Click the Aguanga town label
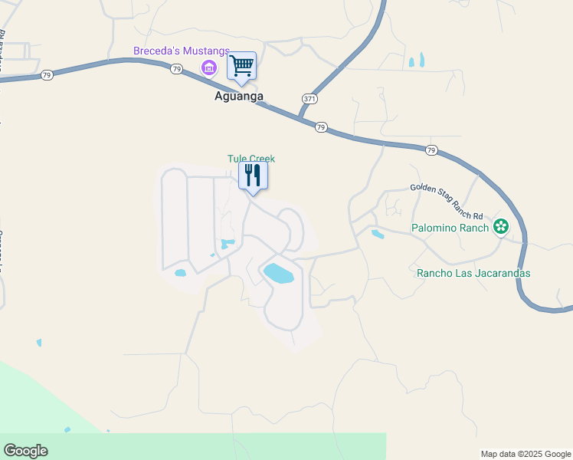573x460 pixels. tap(239, 97)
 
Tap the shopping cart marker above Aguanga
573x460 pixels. tap(242, 66)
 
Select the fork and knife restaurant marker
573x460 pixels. tap(253, 176)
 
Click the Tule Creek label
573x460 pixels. tap(250, 159)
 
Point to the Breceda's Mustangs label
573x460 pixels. tap(182, 51)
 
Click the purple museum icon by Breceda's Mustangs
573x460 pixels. tap(208, 69)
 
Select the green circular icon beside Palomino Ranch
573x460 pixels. tap(501, 226)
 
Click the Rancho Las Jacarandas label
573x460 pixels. tap(473, 273)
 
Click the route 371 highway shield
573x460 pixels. tap(309, 100)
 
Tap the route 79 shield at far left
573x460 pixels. tap(47, 75)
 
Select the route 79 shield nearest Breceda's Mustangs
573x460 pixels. tap(177, 69)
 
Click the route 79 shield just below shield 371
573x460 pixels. tap(321, 127)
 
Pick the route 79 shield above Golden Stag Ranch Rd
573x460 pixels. tap(431, 150)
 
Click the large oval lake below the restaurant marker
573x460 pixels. tap(278, 273)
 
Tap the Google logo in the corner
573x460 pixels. tap(25, 451)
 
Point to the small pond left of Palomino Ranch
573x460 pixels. tap(377, 235)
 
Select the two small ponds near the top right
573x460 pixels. tap(416, 60)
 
